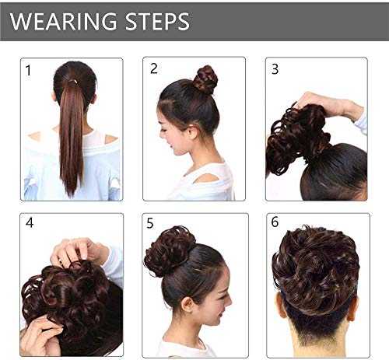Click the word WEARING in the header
point(63,21)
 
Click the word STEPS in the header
point(156,21)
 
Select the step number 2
point(154,68)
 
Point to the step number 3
point(275,68)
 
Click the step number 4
point(30,222)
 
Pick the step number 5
point(150,223)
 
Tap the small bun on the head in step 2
point(205,79)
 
